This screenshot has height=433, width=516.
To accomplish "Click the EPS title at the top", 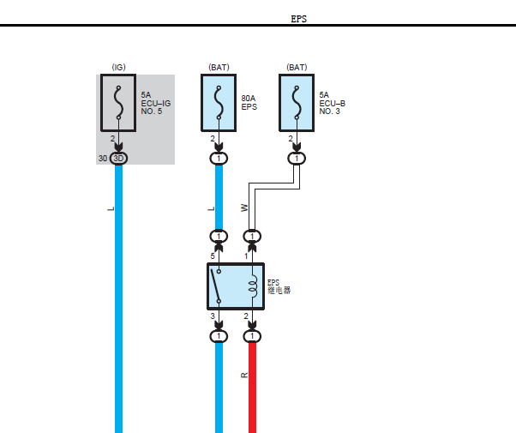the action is pos(299,19).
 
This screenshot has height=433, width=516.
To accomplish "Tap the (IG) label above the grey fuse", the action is pos(118,67).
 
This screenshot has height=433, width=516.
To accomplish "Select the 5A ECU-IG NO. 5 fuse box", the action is pos(118,103).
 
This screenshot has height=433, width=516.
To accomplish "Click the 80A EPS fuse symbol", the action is pos(219,103).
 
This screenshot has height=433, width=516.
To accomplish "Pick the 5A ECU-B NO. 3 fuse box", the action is pos(297,103).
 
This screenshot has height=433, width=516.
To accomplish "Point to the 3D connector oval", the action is pos(118,159).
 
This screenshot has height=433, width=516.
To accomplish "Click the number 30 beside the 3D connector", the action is pos(103,159).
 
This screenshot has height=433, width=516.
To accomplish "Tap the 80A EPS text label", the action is pos(249,103).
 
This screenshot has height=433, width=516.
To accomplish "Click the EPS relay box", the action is pos(236,286).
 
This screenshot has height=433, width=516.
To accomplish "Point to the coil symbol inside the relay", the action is pos(253,286).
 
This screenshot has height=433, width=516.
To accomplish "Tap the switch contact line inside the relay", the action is pos(215,286).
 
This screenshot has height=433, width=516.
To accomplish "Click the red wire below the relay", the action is pos(252,388).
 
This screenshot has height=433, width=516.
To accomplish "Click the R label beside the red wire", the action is pos(244,375).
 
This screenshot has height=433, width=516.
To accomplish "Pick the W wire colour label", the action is pos(244,207).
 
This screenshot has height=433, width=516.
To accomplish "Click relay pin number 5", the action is pos(213,256).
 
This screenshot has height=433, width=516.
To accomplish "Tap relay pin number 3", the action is pos(213,316).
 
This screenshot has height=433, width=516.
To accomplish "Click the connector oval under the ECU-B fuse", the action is pos(297,159).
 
